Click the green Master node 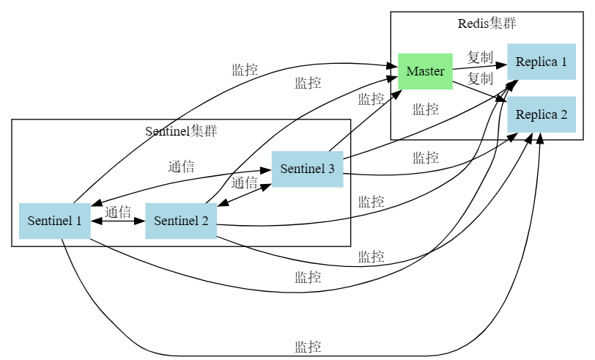[425, 71]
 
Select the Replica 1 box [541, 62]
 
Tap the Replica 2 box [541, 114]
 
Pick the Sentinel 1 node [54, 220]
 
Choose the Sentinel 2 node [181, 220]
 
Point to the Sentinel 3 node [307, 169]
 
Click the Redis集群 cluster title [487, 23]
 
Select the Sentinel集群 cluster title [181, 131]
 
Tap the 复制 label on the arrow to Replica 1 [480, 57]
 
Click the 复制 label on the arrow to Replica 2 [480, 78]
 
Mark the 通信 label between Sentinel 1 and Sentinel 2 [118, 213]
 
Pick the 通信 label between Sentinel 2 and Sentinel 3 [245, 183]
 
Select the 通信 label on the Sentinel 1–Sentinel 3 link [181, 166]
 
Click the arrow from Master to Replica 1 [480, 66]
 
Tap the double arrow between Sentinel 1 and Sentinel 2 [118, 220]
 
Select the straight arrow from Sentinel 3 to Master [366, 120]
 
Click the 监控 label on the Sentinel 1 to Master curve [245, 70]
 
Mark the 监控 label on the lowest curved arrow [308, 347]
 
